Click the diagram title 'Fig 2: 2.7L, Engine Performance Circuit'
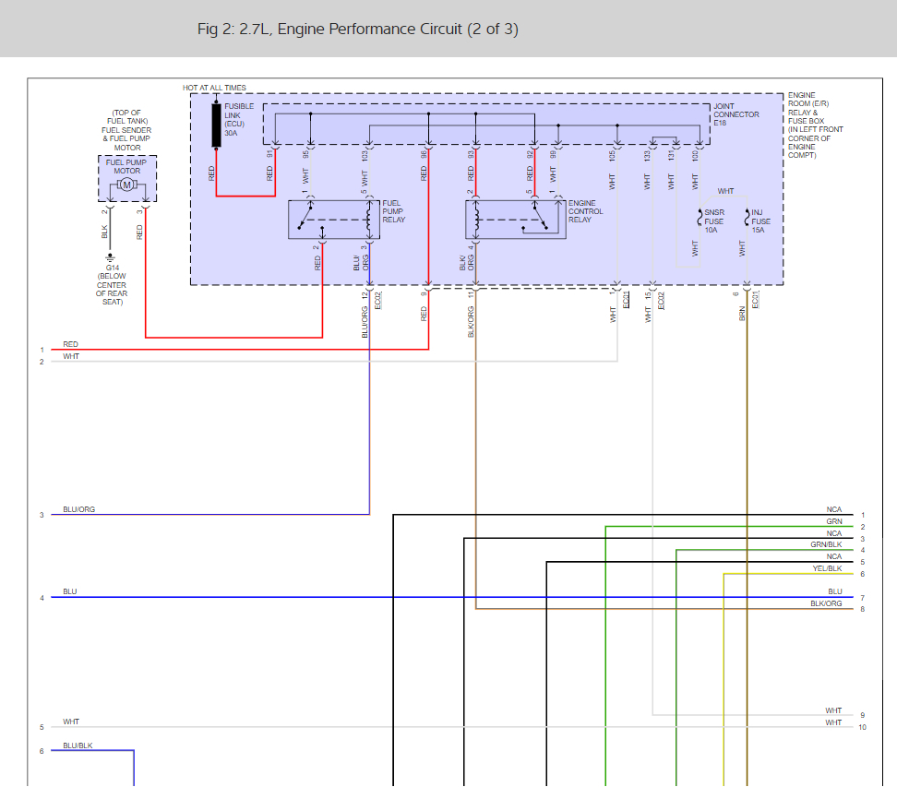[x=358, y=30]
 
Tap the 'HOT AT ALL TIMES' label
[x=214, y=88]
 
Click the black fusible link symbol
[x=217, y=125]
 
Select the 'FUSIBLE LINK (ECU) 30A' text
[x=239, y=119]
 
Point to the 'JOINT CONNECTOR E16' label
[x=736, y=114]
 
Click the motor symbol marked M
[x=127, y=185]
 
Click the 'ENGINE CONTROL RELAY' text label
[x=585, y=211]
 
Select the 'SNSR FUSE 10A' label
[x=713, y=221]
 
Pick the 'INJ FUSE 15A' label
[x=760, y=221]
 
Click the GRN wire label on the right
[x=833, y=521]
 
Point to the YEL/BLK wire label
[x=827, y=568]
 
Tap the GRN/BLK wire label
[x=826, y=544]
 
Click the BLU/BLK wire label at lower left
[x=78, y=745]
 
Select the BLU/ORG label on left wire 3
[x=78, y=509]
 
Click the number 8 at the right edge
[x=862, y=609]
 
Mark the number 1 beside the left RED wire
[x=42, y=350]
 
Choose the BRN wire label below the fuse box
[x=741, y=315]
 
